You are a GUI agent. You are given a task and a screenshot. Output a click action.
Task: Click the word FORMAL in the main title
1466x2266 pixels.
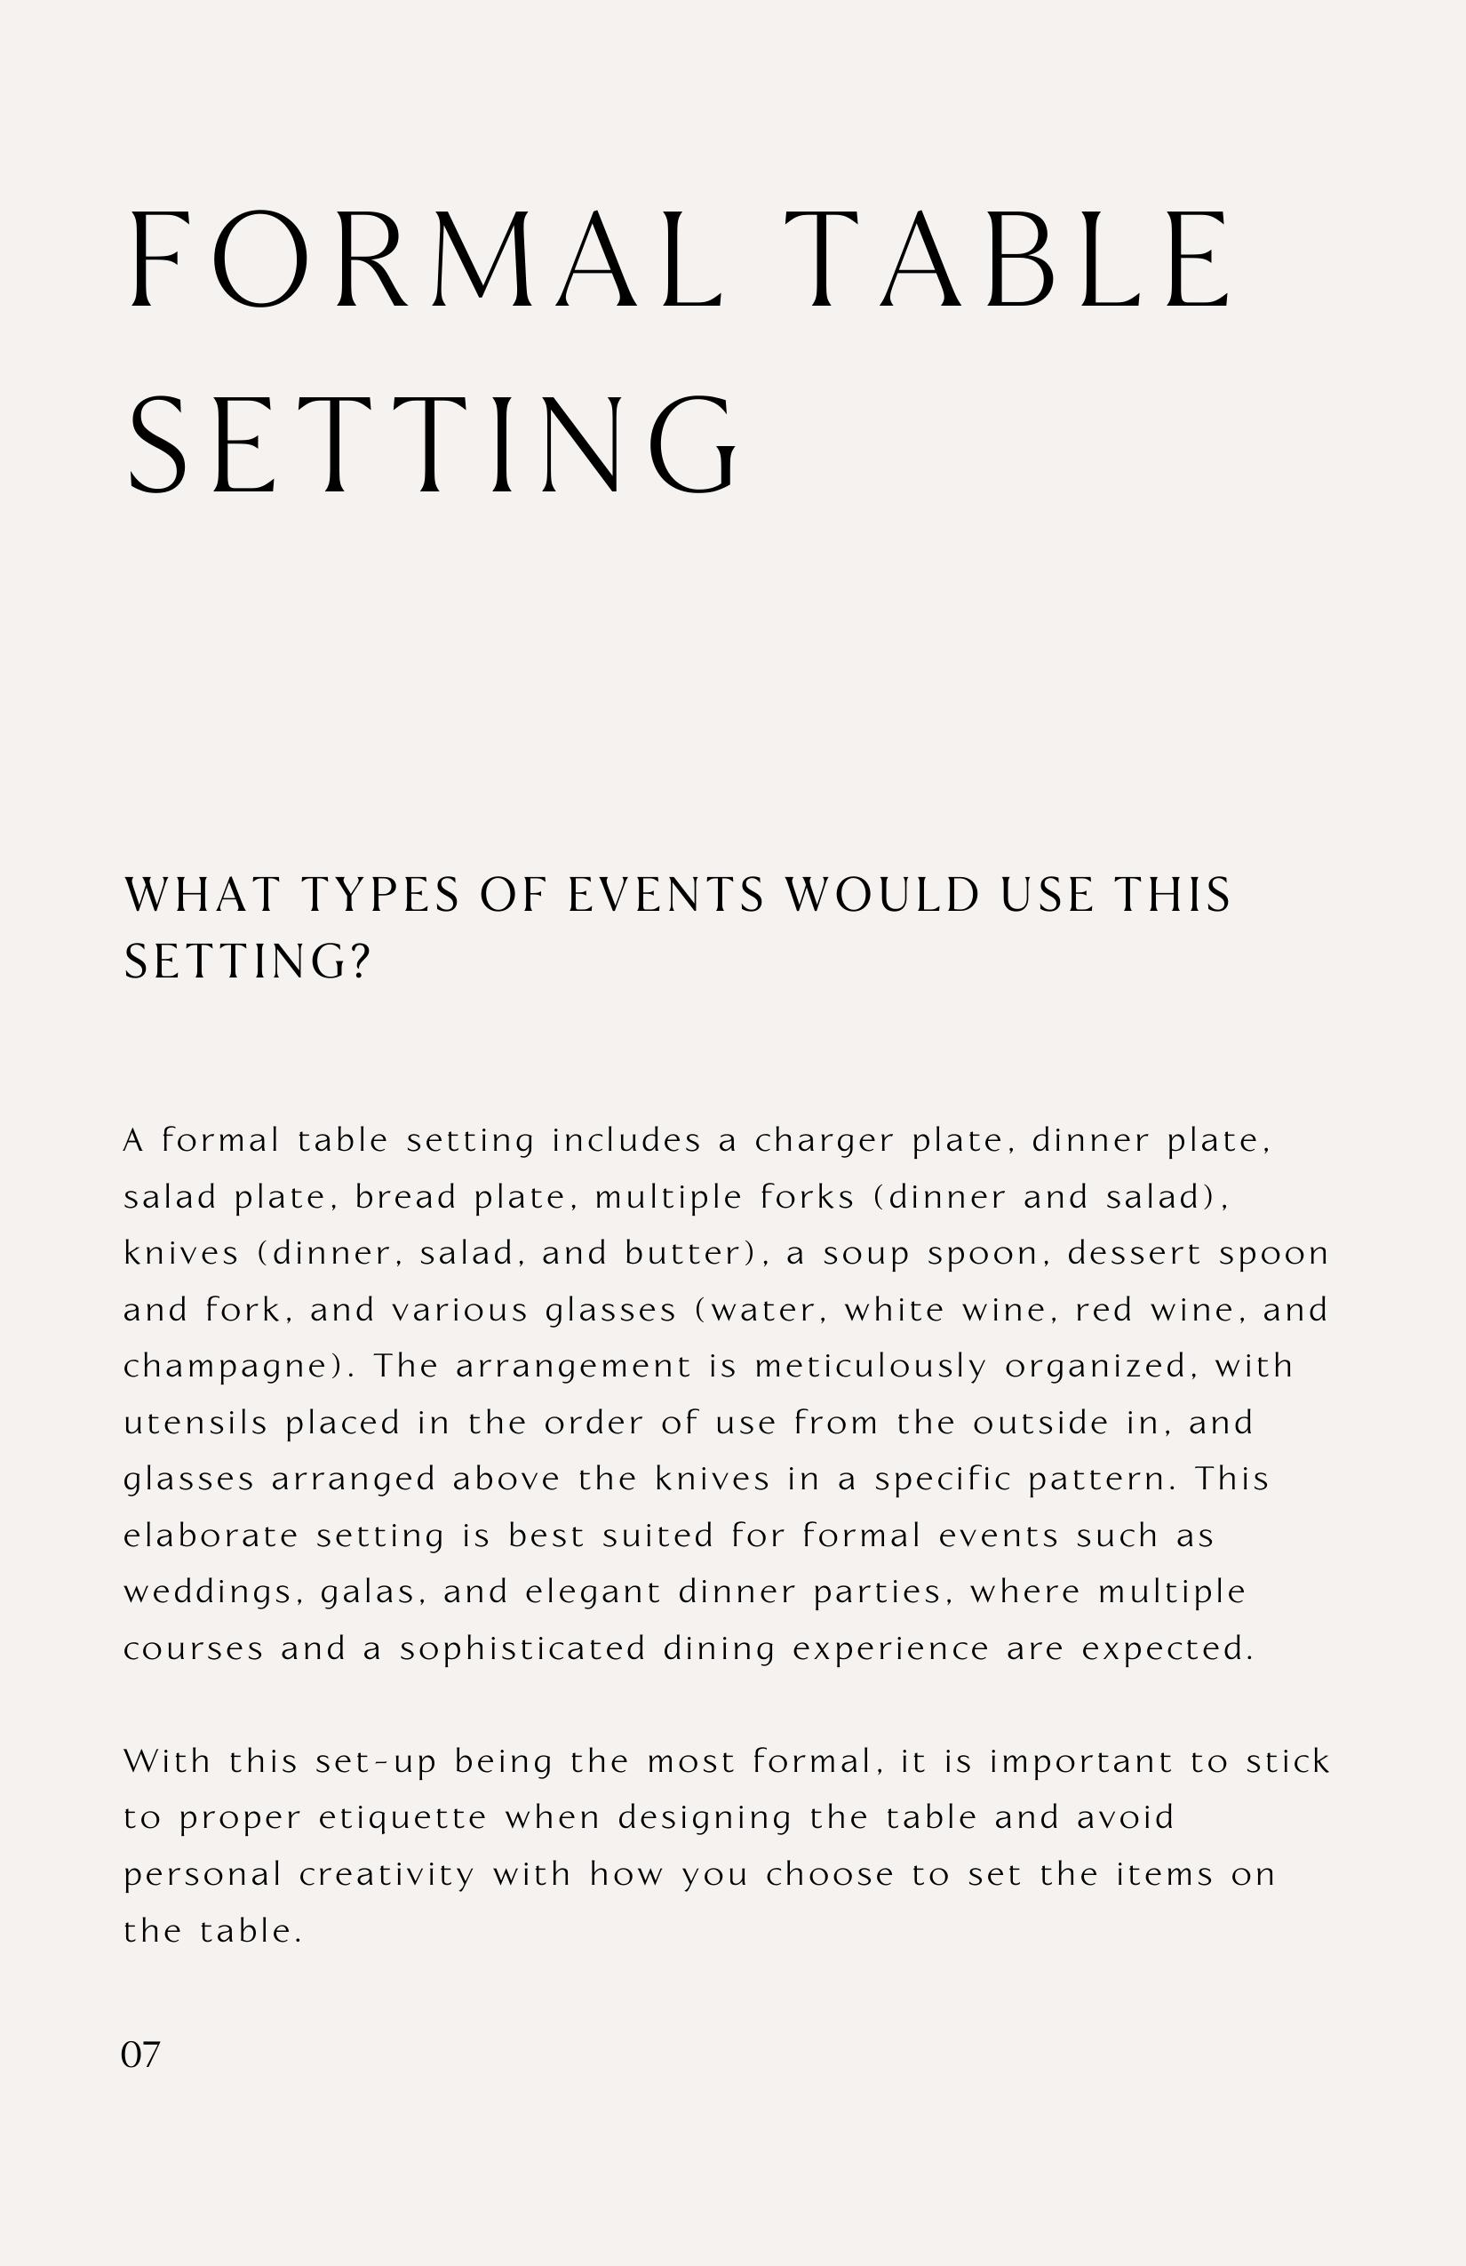click(425, 259)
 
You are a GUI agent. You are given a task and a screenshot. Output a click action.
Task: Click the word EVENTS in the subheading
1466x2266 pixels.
click(665, 896)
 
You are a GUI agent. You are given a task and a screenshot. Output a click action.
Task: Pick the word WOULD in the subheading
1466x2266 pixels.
click(881, 896)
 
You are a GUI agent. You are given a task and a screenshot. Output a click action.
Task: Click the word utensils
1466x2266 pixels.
click(196, 1423)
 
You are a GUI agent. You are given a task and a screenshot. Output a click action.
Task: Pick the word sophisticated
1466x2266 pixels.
click(522, 1649)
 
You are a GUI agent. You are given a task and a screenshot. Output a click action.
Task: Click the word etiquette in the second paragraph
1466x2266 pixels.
click(402, 1817)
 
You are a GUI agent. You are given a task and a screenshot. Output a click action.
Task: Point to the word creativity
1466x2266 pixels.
click(386, 1875)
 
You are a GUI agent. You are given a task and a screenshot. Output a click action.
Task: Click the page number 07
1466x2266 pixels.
click(141, 2055)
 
